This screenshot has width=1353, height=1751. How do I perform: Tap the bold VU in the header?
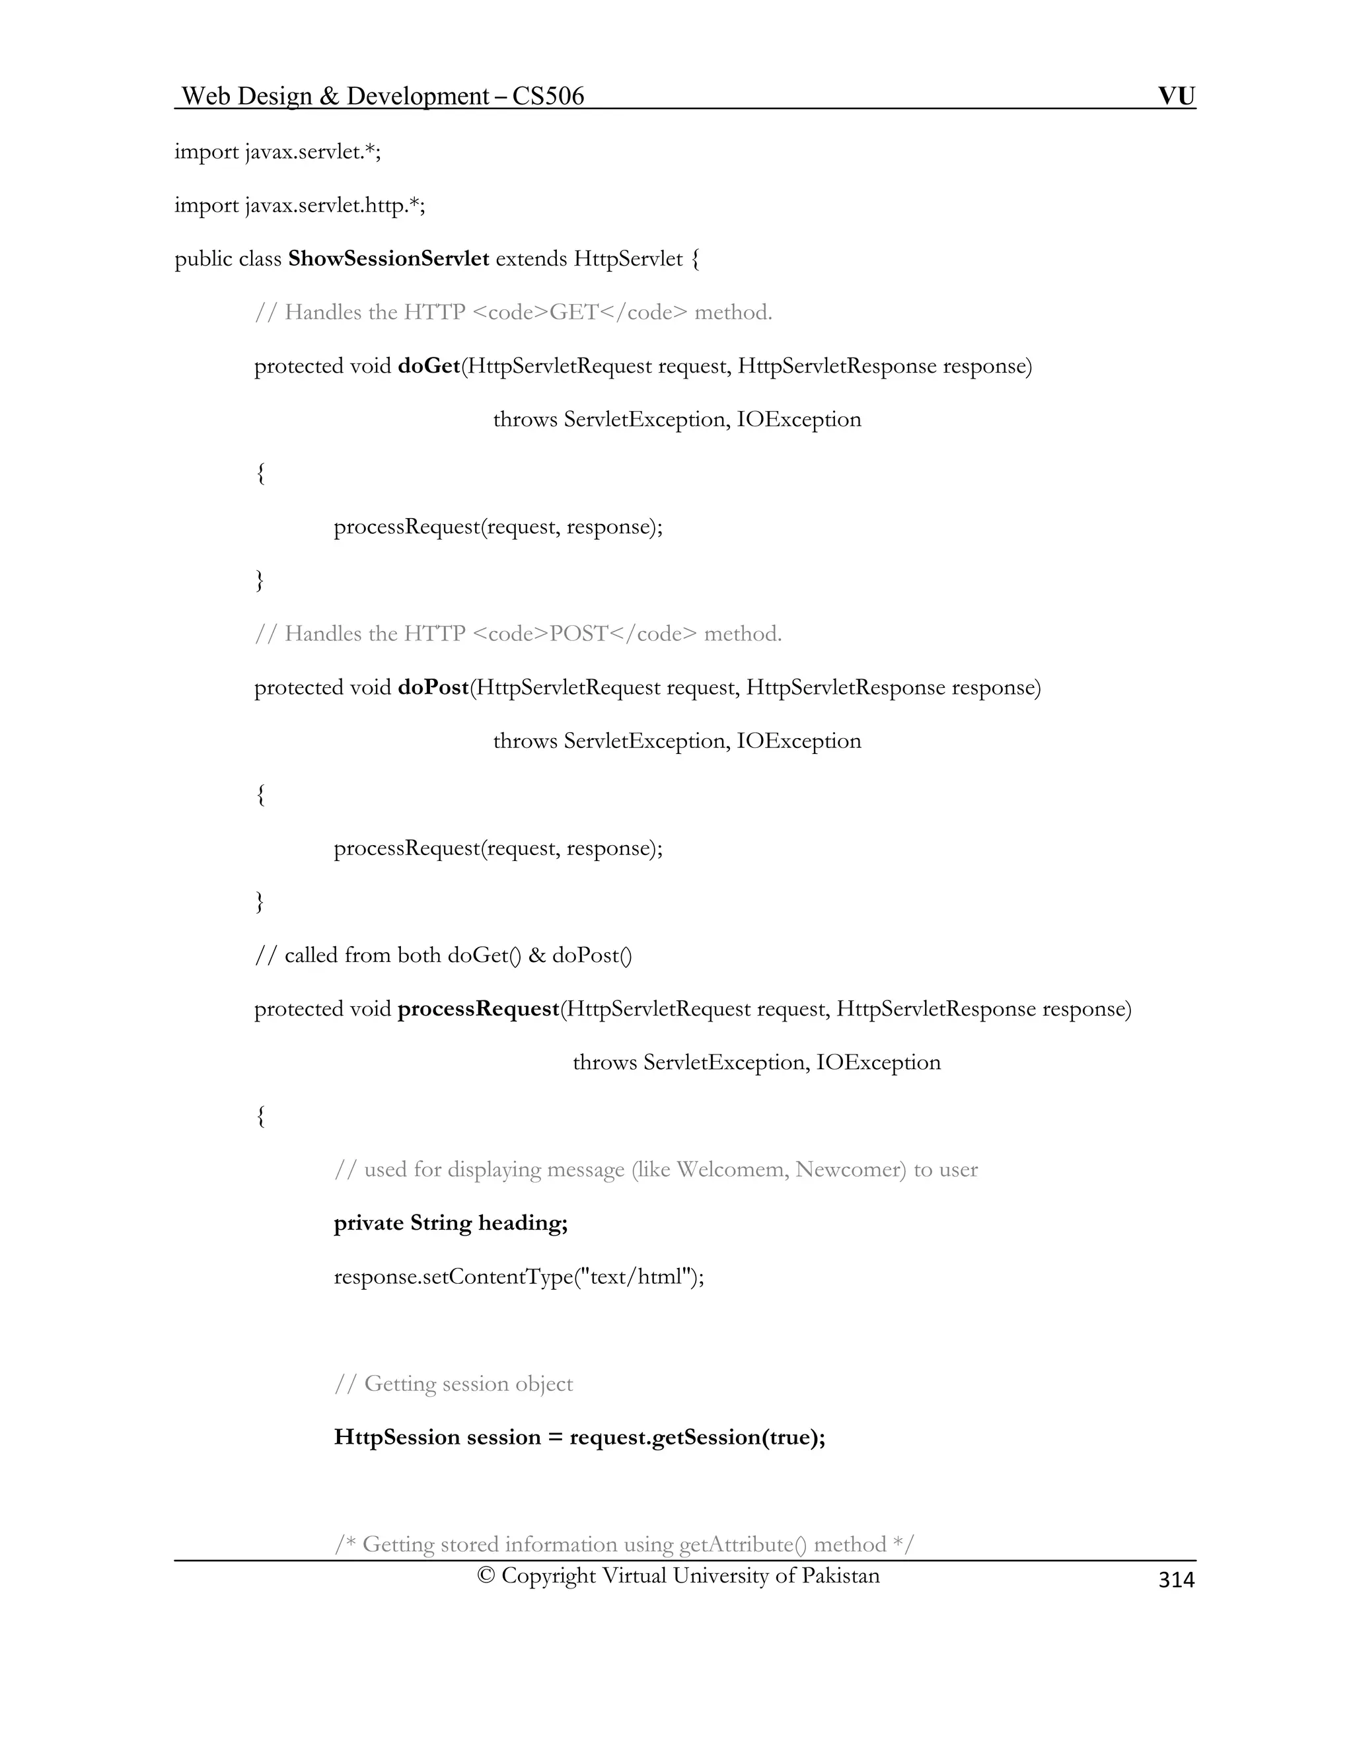1176,96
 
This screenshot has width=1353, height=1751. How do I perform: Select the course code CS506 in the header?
548,96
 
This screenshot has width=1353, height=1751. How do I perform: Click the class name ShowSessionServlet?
388,259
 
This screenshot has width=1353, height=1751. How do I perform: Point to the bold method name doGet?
429,367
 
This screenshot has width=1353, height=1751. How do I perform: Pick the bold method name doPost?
433,688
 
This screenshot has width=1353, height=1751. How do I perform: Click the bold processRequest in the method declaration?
478,1010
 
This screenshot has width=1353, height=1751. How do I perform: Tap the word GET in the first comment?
574,313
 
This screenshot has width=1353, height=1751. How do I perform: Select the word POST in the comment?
579,634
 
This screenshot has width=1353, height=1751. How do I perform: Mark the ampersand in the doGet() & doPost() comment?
536,955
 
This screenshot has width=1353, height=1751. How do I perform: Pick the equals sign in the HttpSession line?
555,1438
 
